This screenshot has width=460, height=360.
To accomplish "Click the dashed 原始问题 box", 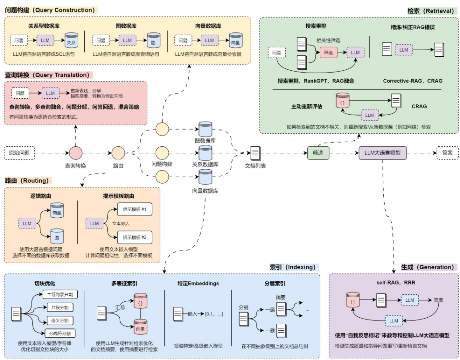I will pyautogui.click(x=19, y=152).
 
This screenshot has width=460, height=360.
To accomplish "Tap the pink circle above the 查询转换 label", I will pyautogui.click(x=76, y=152).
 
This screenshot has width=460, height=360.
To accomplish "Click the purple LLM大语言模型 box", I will pyautogui.click(x=383, y=152).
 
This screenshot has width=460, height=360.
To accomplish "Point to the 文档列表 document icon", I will pyautogui.click(x=255, y=152).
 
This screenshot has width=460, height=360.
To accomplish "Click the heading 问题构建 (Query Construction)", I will pyautogui.click(x=50, y=10).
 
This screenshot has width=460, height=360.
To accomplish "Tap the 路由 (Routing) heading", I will pyautogui.click(x=29, y=180).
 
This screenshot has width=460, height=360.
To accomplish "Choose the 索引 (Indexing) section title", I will pyautogui.click(x=293, y=267).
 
